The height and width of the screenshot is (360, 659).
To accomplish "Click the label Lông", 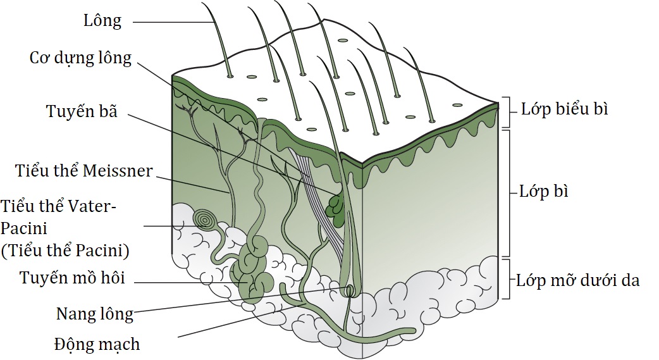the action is point(102,21).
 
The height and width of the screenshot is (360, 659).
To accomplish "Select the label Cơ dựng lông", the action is point(80,58).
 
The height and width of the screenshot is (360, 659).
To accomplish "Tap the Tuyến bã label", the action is point(82,111).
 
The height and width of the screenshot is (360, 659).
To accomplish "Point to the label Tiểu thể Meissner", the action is point(83,171).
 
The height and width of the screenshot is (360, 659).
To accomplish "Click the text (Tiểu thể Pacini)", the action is point(65,251).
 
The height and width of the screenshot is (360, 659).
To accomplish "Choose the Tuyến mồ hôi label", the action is point(72,278).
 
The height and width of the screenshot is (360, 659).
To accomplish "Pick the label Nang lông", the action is point(95,314).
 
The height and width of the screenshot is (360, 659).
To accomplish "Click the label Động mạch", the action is point(97,344).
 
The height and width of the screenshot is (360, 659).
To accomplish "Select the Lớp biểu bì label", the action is point(564,109).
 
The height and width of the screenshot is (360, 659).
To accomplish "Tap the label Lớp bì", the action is point(544,191).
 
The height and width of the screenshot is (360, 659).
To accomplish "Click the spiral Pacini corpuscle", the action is point(205,220).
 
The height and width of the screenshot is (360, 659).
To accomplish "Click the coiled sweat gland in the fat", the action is point(253,269).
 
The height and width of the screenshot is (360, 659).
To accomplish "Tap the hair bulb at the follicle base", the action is point(350,290).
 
